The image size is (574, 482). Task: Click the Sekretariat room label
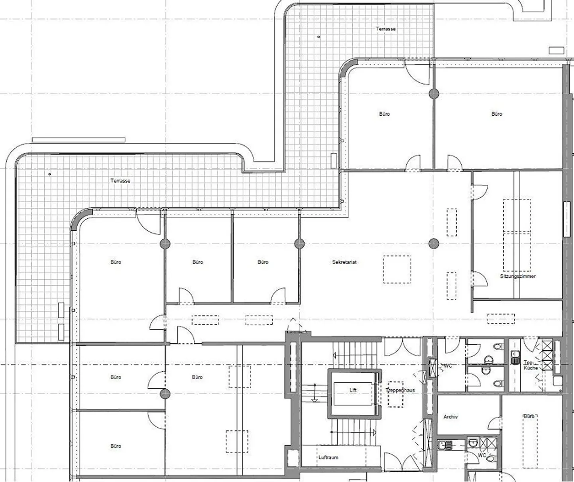coord(344,262)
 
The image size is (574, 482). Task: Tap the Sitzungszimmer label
coord(518,276)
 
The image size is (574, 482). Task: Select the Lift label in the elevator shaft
coord(353,390)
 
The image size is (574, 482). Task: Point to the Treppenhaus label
coord(400,390)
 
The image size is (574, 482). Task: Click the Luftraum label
coord(328,457)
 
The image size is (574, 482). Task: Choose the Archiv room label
coord(450,417)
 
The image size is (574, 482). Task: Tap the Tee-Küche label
coord(530,365)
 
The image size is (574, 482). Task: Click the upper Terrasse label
coord(386,29)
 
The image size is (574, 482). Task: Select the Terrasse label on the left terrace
coord(120,181)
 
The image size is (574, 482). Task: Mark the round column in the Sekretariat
coord(434,243)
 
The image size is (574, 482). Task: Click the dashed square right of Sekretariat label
coord(397,269)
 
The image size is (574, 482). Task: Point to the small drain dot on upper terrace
coord(318,37)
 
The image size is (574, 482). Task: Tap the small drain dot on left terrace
coord(49,174)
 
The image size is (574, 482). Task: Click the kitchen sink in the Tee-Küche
coord(514,357)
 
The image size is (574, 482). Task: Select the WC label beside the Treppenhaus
coord(448,366)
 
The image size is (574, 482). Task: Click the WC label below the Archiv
coord(482,455)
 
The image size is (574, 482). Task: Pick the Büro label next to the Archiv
coord(529,416)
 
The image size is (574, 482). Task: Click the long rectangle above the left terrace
coord(79,140)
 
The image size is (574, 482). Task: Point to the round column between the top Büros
coord(434,94)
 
